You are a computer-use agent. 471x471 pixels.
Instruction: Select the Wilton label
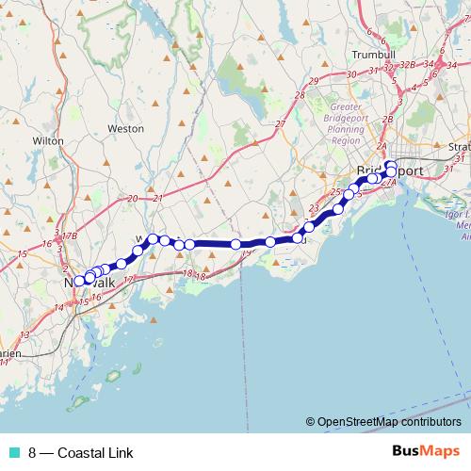(48, 140)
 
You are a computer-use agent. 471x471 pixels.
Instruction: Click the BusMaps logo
(426, 451)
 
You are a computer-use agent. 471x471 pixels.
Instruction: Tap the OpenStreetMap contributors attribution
(384, 421)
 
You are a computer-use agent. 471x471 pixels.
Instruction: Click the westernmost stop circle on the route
(80, 281)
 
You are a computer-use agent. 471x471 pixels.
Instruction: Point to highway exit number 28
(300, 95)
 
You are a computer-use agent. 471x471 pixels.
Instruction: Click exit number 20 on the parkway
(133, 198)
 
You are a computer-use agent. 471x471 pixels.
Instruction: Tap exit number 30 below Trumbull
(350, 73)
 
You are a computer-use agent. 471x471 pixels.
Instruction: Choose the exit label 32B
(406, 64)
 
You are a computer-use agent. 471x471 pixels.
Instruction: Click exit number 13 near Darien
(25, 334)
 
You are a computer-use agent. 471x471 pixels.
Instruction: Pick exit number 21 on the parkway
(158, 198)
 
